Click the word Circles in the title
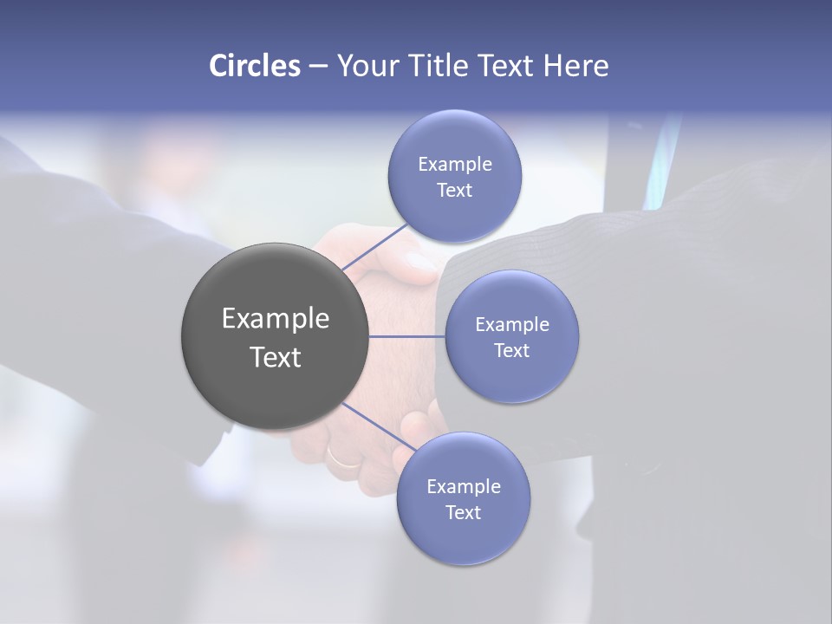pyautogui.click(x=255, y=66)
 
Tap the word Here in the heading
pyautogui.click(x=575, y=66)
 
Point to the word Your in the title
pyautogui.click(x=366, y=66)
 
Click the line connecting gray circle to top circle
pyautogui.click(x=374, y=248)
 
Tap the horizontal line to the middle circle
pyautogui.click(x=407, y=336)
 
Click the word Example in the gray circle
pyautogui.click(x=275, y=319)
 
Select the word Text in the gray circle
pyautogui.click(x=275, y=356)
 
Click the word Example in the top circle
pyautogui.click(x=454, y=165)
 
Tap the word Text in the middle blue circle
pyautogui.click(x=511, y=350)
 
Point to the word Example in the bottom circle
pyautogui.click(x=463, y=487)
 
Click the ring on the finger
pyautogui.click(x=342, y=457)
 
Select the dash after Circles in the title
pyautogui.click(x=317, y=66)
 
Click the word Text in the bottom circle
pyautogui.click(x=463, y=513)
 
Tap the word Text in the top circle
pyautogui.click(x=454, y=191)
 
